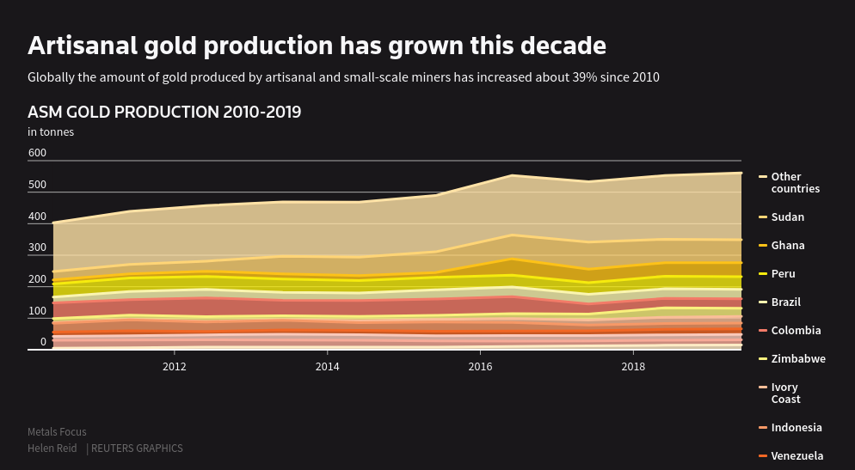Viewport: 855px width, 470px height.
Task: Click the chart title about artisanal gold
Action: (x=317, y=46)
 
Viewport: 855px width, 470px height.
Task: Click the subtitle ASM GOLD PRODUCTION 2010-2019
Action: (x=164, y=113)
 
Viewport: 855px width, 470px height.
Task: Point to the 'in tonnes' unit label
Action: (x=51, y=132)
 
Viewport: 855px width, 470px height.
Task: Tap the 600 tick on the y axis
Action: (x=37, y=154)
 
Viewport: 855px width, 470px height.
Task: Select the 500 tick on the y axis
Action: (x=37, y=186)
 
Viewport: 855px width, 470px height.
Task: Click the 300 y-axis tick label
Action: (x=37, y=248)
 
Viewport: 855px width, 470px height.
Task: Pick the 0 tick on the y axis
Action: (x=43, y=342)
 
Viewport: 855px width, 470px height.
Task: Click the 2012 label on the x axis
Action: (x=175, y=367)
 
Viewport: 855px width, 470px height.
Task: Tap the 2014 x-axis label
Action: (x=327, y=367)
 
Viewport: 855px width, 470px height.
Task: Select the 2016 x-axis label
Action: (x=480, y=367)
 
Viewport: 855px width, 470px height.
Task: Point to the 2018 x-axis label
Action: (x=633, y=367)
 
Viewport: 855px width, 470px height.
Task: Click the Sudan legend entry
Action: (x=787, y=217)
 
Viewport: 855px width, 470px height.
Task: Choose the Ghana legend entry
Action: (x=788, y=246)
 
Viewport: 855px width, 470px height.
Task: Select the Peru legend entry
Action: (x=783, y=274)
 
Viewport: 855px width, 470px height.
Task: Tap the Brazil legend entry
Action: (x=785, y=302)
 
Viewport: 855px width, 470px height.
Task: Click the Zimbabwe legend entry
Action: (x=797, y=359)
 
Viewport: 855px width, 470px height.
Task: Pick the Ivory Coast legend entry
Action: (x=785, y=394)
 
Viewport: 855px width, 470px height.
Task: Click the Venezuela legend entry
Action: (x=797, y=456)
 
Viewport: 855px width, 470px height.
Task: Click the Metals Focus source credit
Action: (x=57, y=432)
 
